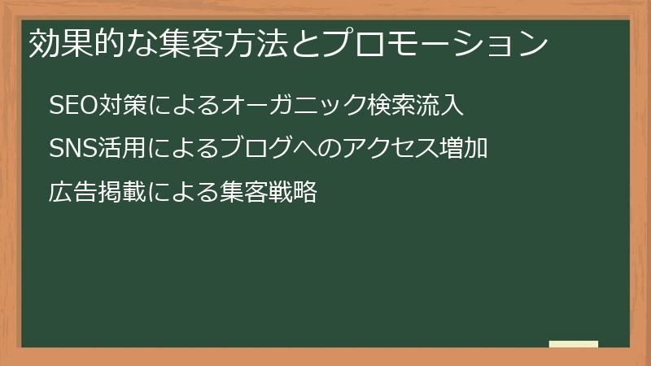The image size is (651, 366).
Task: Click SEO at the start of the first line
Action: pyautogui.click(x=72, y=107)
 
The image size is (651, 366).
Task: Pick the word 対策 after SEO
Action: pyautogui.click(x=121, y=107)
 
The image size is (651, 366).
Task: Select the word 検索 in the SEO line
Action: pyautogui.click(x=389, y=107)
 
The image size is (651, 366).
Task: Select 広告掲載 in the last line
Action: pyautogui.click(x=97, y=193)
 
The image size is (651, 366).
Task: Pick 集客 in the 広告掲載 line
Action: pyautogui.click(x=244, y=193)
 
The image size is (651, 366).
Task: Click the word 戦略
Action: pyautogui.click(x=292, y=193)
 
